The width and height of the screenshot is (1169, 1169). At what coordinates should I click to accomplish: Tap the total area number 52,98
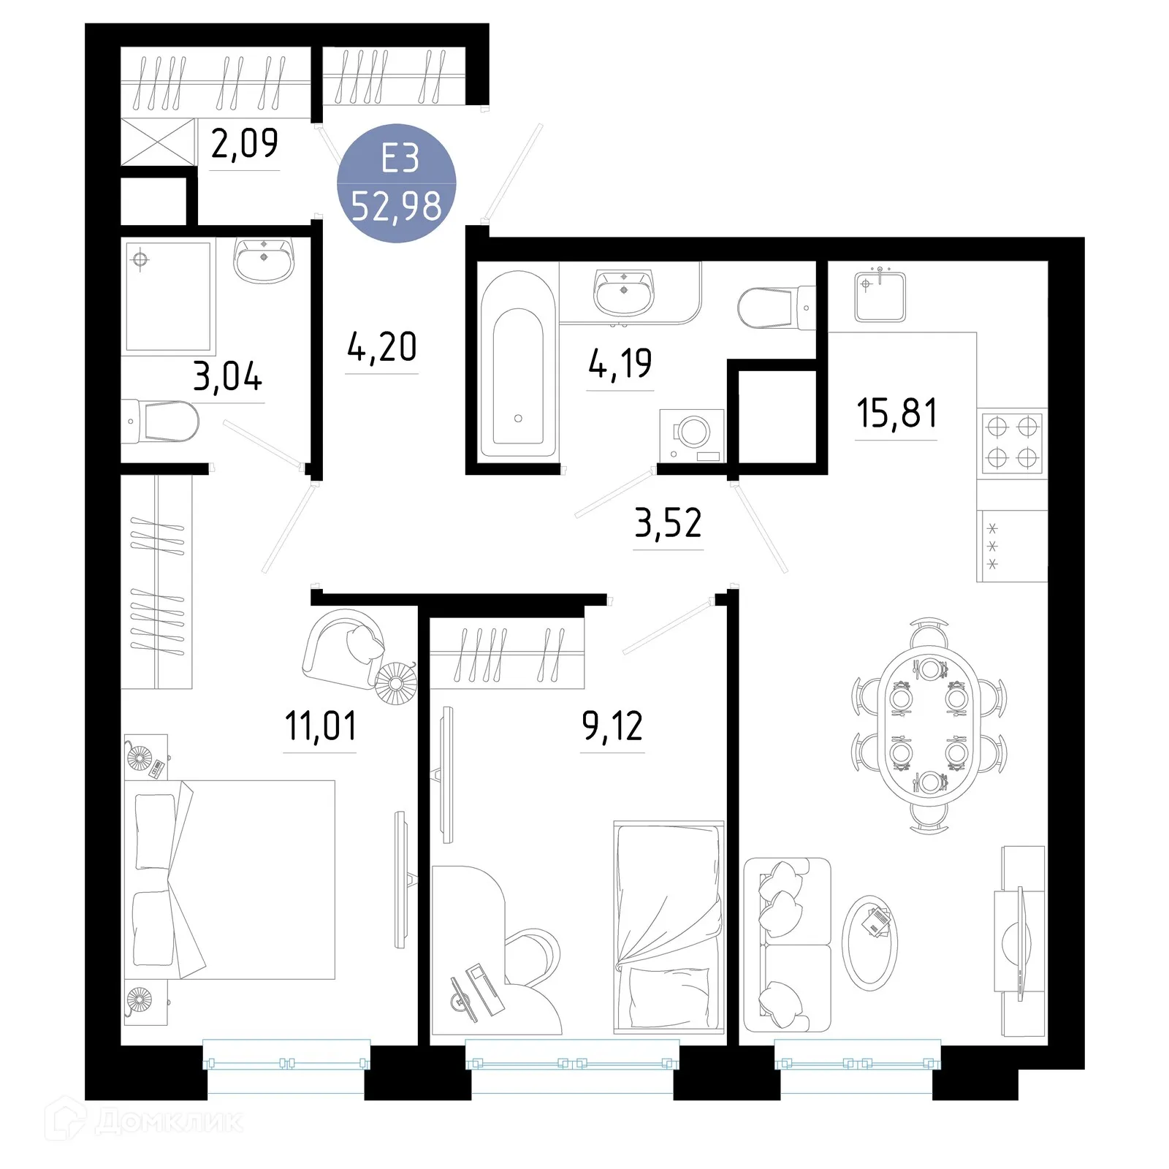(x=397, y=206)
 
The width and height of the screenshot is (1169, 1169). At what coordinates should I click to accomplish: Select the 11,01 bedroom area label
(x=321, y=726)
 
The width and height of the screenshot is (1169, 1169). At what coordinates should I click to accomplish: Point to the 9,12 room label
(x=612, y=726)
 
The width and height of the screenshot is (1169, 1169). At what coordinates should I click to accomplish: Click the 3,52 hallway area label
(x=668, y=523)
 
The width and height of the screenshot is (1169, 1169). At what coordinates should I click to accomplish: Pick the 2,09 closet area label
(x=244, y=143)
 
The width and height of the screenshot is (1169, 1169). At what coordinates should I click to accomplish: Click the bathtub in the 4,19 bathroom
(x=517, y=365)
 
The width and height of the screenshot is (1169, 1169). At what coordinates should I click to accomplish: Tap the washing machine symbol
(x=691, y=435)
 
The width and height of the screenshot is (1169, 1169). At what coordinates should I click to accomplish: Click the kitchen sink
(x=880, y=296)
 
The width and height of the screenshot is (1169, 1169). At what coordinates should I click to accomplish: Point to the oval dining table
(x=929, y=726)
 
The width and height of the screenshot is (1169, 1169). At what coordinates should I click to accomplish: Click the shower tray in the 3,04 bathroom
(x=169, y=296)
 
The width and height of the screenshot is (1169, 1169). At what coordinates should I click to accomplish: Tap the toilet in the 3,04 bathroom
(x=164, y=422)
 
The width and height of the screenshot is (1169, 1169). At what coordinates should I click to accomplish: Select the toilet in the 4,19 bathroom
(x=771, y=308)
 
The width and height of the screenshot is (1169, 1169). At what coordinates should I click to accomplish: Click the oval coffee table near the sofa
(x=869, y=943)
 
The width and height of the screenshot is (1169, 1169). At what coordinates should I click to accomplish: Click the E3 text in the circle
(x=400, y=159)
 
